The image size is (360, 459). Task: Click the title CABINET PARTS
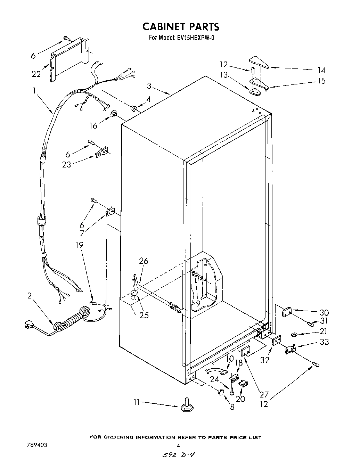tap(181, 27)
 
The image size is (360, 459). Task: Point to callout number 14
tap(321, 70)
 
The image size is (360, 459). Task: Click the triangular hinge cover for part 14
tap(259, 62)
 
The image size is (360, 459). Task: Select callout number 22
tap(36, 74)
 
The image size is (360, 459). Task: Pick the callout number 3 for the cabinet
tap(149, 85)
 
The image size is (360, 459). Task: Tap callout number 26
tap(144, 261)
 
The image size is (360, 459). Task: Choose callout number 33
tap(324, 342)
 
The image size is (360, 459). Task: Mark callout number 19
tap(80, 245)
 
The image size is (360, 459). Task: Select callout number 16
tap(93, 126)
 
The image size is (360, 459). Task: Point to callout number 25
tap(144, 315)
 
